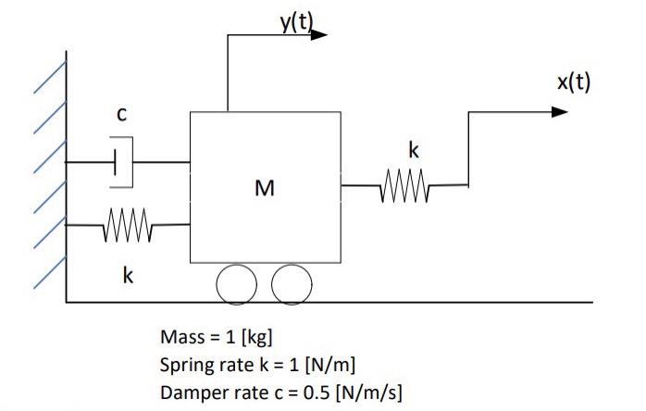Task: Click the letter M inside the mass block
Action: [265, 189]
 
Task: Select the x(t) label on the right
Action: [573, 82]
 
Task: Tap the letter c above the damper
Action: [120, 114]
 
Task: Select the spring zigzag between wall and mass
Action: [126, 224]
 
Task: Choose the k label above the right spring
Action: [413, 150]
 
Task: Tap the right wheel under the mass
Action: [292, 281]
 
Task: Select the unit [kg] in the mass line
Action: [255, 336]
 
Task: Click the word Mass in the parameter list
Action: [180, 336]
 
